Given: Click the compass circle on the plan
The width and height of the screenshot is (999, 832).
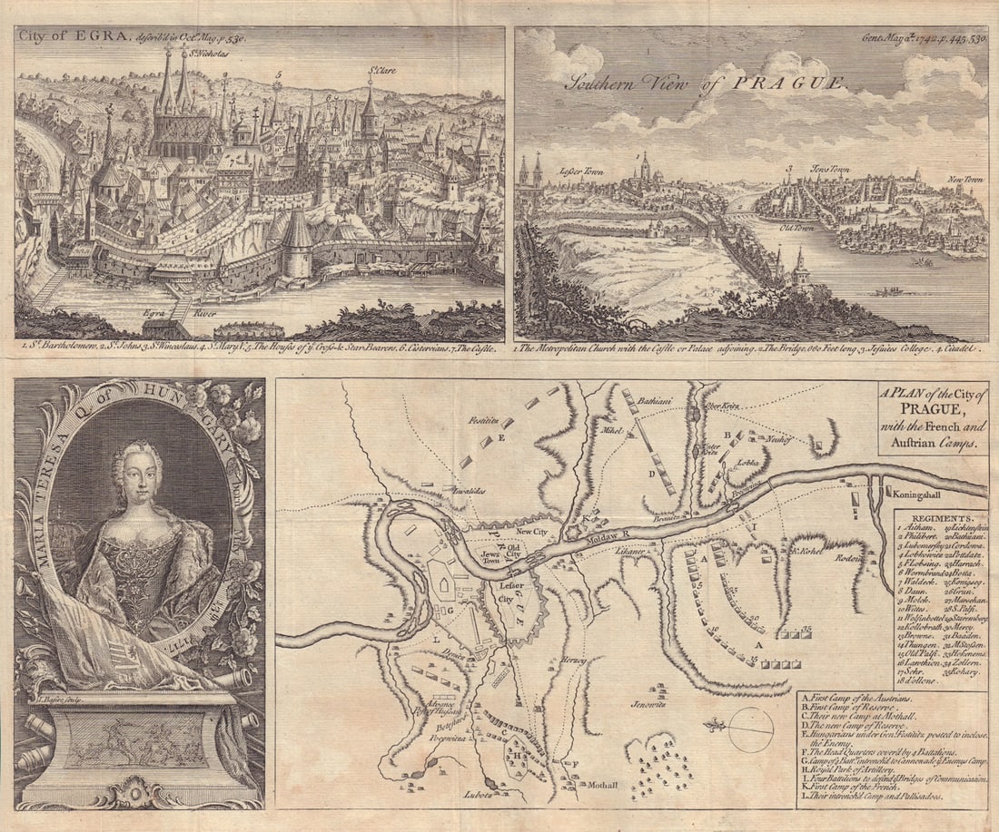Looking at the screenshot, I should coord(750,729).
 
